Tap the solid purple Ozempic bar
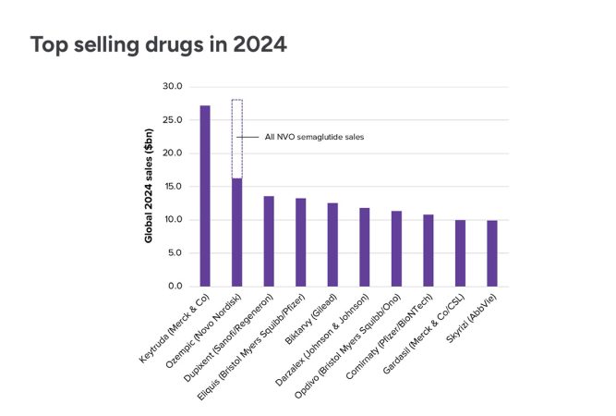pos(236,232)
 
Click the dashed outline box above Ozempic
pos(236,139)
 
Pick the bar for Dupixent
pos(269,241)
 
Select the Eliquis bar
pos(300,242)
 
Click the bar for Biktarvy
pos(332,244)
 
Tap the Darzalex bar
pos(364,247)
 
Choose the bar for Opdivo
pos(396,249)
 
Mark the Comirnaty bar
pos(428,251)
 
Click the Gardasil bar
pos(460,253)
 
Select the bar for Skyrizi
pos(491,253)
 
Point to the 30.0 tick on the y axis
pos(172,87)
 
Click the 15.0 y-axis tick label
pos(172,187)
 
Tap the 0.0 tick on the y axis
pos(175,287)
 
